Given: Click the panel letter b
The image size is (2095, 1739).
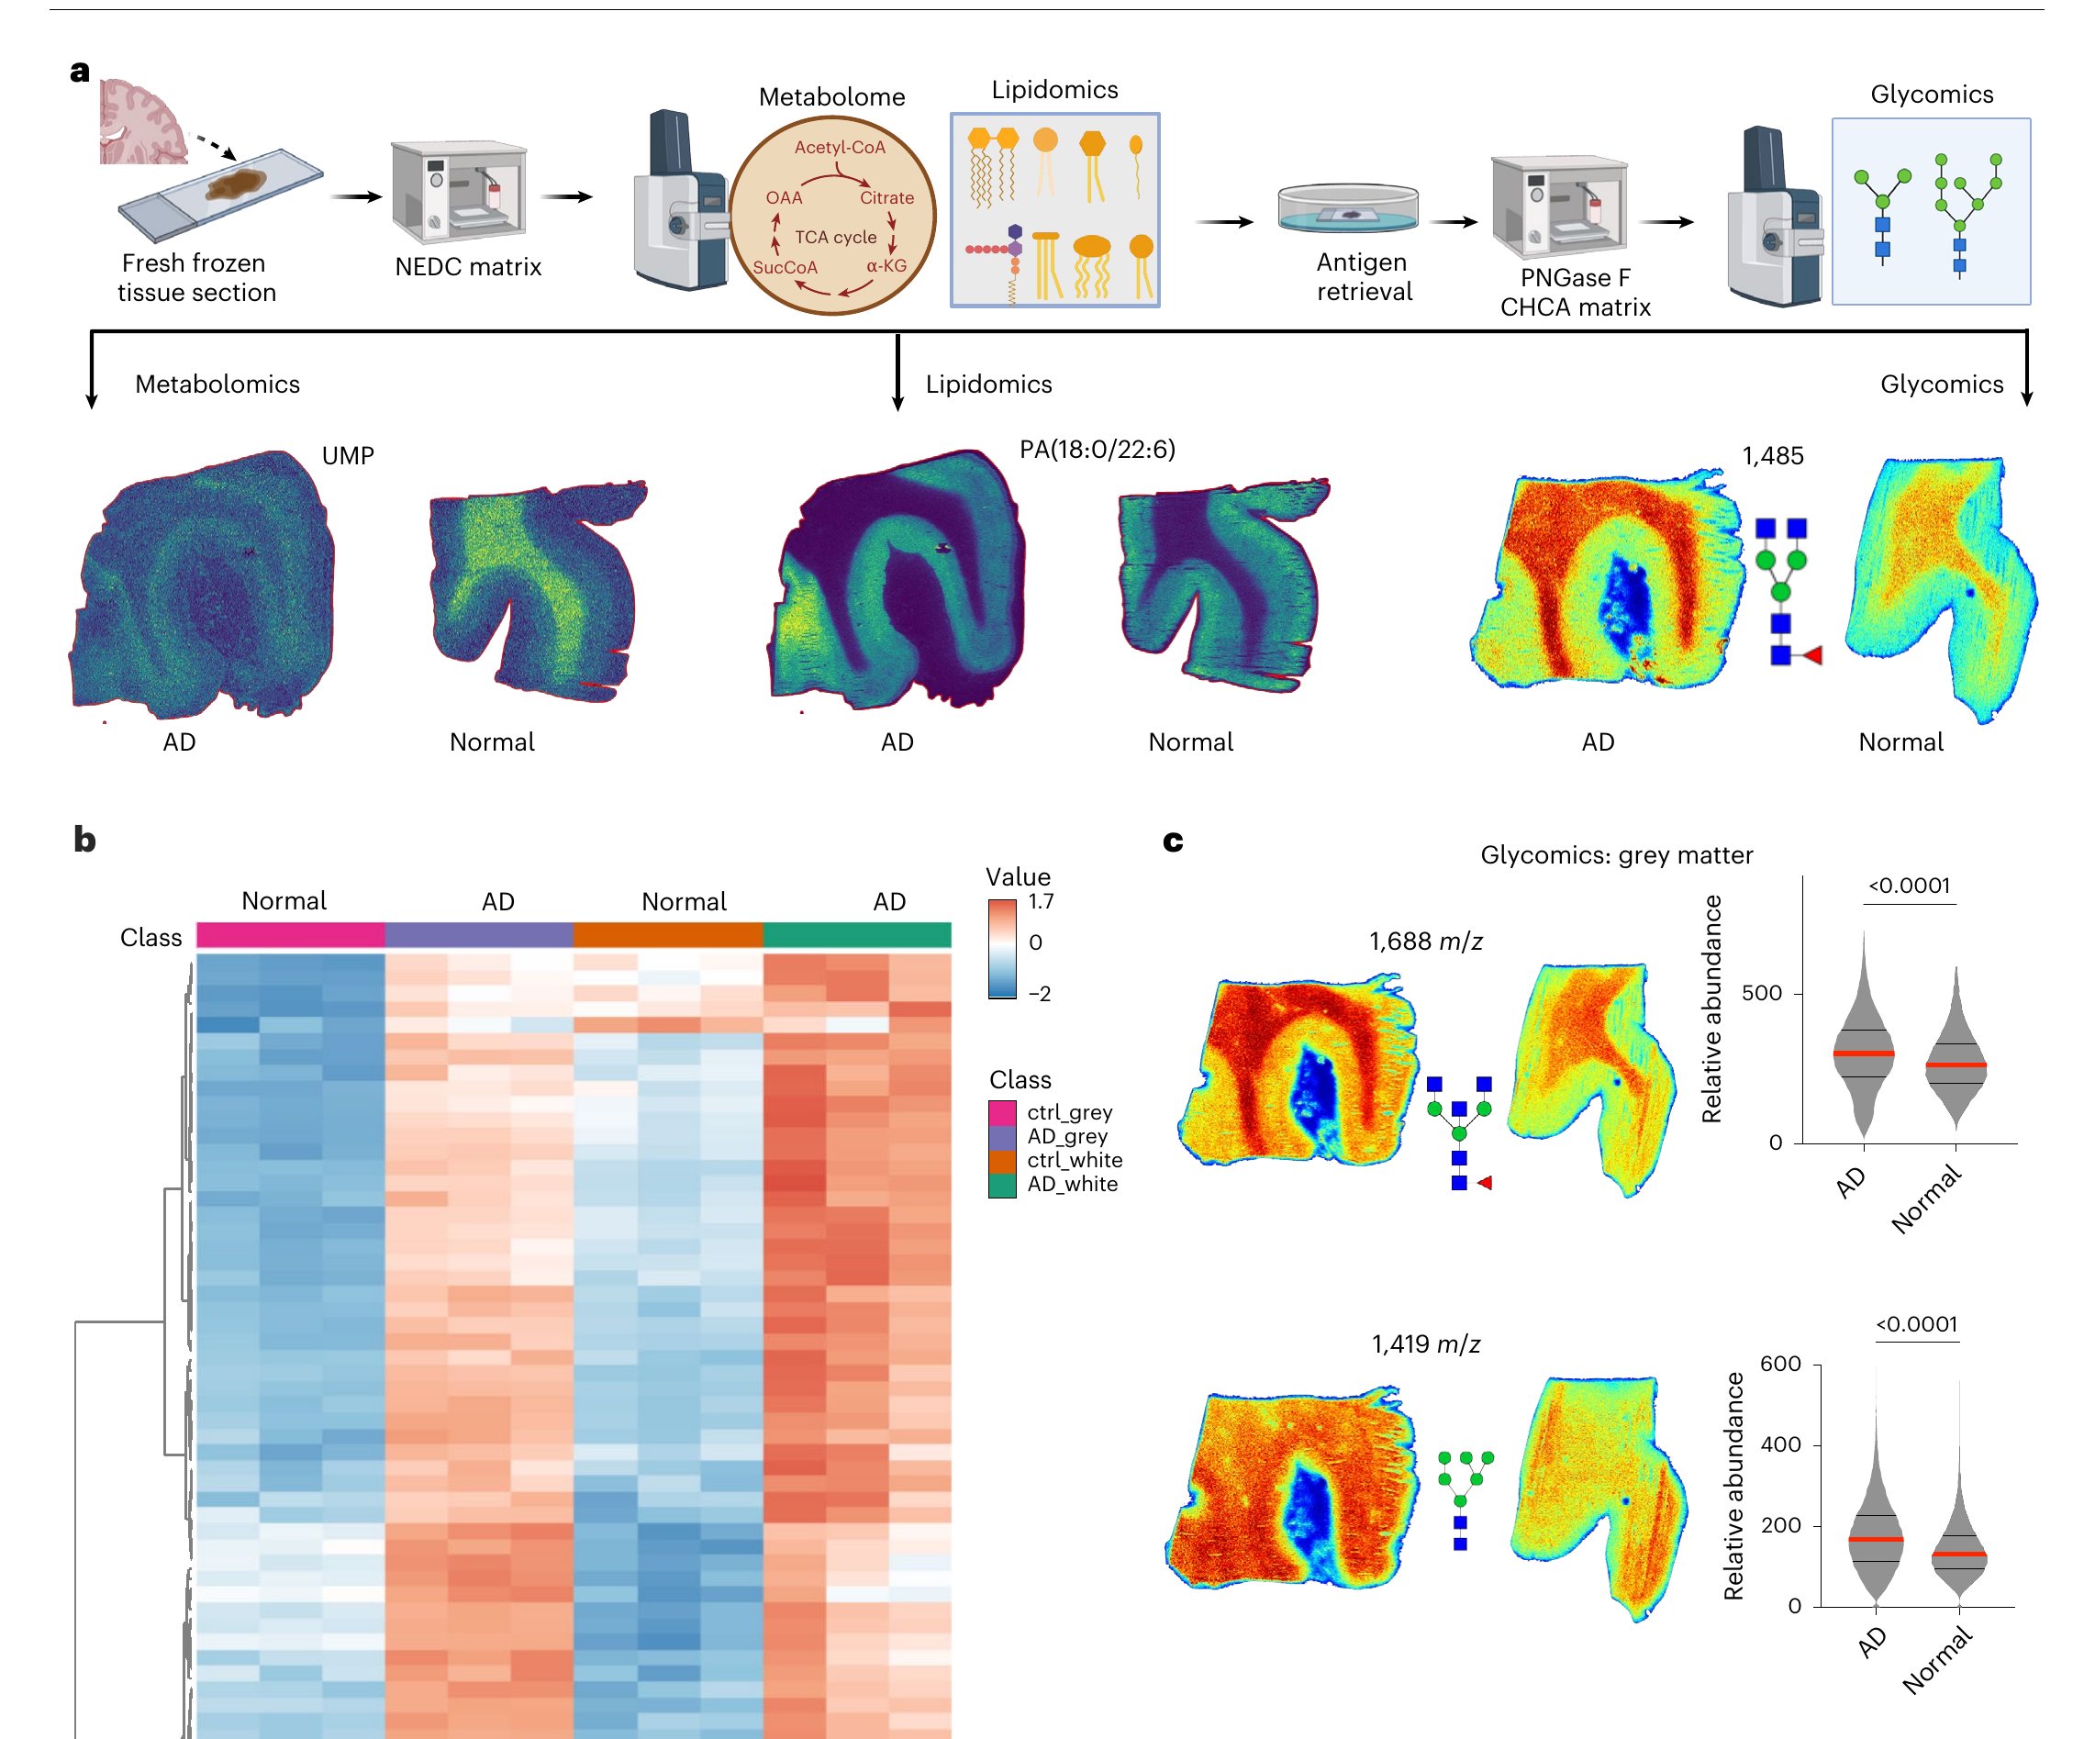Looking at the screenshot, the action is coord(84,839).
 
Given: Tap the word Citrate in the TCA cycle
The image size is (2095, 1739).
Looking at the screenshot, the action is coord(886,197).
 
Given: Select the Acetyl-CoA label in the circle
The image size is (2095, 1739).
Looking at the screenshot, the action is coord(839,148).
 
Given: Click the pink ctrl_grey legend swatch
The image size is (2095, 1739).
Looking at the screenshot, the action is coord(1001,1112).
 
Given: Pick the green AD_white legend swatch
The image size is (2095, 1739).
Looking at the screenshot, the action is coord(1001,1186).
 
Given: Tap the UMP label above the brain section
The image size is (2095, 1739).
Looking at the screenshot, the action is coord(347,456).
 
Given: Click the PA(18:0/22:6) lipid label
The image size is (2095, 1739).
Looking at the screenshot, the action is coord(1098,450).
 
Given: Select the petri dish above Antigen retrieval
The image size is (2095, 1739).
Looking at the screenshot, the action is coord(1348,208).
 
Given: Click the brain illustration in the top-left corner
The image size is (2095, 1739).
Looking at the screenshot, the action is coord(142,122).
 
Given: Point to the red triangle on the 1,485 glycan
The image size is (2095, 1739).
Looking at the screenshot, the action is coord(1812,655).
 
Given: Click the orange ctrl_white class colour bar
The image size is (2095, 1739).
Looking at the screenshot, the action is coord(667,935).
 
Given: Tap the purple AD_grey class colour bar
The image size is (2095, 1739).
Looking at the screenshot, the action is coord(479,935).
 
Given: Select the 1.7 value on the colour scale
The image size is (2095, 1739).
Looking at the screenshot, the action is coord(1041,902).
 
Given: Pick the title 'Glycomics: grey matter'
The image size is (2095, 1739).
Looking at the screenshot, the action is coord(1616,855).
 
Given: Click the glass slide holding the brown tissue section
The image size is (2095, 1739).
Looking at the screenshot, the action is coord(220,195).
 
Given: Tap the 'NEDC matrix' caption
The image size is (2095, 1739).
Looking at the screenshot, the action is coord(468,266).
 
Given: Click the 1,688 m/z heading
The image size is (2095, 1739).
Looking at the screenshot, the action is coord(1426,941).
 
